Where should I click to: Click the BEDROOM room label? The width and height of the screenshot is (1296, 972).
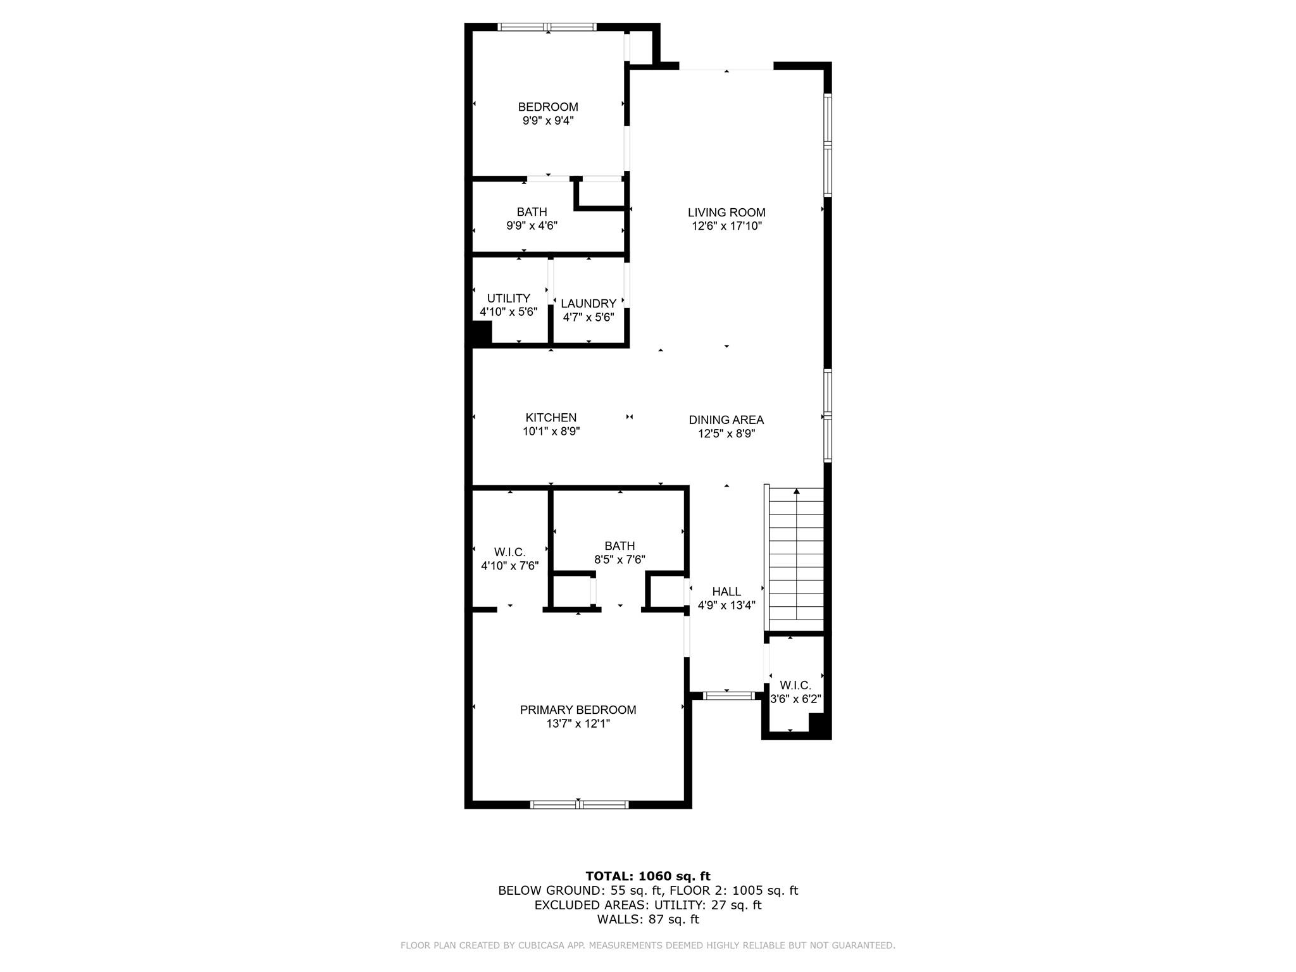(548, 107)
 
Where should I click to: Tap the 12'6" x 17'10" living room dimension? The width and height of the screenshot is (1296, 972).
(726, 226)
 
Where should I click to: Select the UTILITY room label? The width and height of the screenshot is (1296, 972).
(508, 298)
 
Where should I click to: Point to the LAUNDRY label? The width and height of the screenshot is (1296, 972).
(588, 303)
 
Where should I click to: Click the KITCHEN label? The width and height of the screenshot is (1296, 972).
(551, 418)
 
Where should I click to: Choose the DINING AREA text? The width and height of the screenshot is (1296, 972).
(726, 420)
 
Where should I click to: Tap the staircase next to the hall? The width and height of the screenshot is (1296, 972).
(796, 557)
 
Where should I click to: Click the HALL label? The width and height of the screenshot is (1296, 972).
(726, 592)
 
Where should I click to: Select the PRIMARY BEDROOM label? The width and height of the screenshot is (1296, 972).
(578, 710)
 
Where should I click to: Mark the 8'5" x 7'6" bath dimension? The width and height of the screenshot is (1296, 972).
(619, 559)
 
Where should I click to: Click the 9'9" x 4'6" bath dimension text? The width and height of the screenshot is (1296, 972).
(532, 225)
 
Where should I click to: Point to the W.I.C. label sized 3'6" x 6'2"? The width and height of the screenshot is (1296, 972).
(795, 685)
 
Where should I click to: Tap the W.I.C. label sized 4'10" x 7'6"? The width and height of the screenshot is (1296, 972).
(509, 552)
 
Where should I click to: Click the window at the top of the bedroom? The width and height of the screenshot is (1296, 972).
(547, 27)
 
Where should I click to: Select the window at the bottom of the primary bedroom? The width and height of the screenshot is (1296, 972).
(579, 805)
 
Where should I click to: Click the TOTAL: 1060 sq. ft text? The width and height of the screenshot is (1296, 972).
(647, 876)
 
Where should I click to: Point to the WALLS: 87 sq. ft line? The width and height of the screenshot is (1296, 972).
(647, 919)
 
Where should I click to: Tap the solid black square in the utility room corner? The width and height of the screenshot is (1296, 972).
(482, 332)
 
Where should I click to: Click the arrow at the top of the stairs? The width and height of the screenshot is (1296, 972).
(797, 492)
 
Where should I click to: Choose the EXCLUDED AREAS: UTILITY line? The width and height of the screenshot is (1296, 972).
(647, 905)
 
